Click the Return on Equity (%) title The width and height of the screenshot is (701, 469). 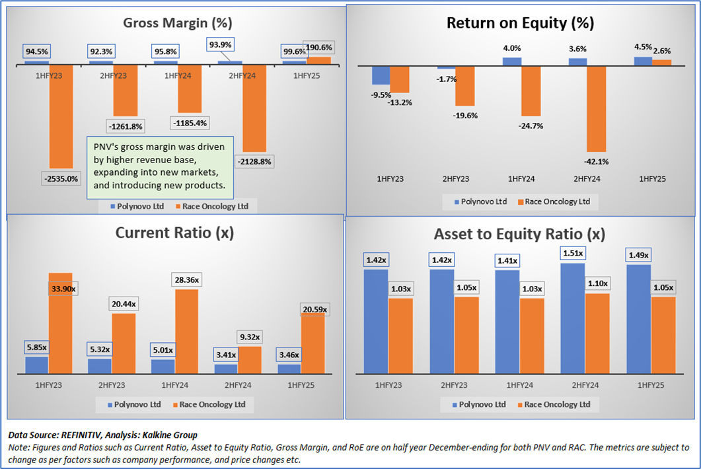click(x=520, y=23)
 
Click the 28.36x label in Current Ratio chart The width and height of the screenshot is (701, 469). click(x=190, y=280)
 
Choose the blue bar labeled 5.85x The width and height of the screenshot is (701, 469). click(x=37, y=365)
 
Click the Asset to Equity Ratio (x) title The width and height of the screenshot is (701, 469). click(x=519, y=234)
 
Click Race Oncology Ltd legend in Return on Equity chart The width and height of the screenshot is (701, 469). click(x=556, y=201)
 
